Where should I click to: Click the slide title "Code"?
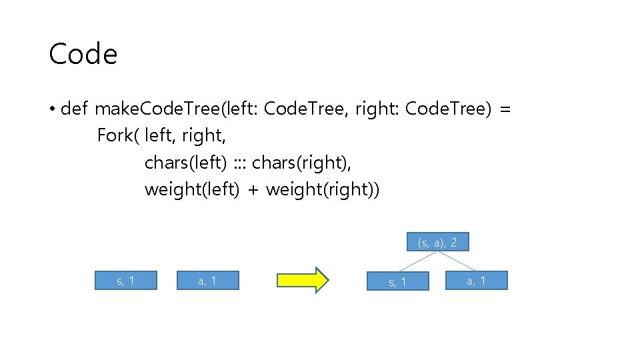pyautogui.click(x=83, y=54)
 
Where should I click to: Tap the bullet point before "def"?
pyautogui.click(x=51, y=109)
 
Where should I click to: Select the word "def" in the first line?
pyautogui.click(x=74, y=109)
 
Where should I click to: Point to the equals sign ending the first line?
pyautogui.click(x=505, y=109)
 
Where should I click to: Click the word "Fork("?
pyautogui.click(x=118, y=135)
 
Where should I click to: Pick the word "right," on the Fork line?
pyautogui.click(x=203, y=135)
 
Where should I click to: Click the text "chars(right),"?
pyautogui.click(x=301, y=163)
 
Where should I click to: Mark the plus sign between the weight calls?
pyautogui.click(x=253, y=190)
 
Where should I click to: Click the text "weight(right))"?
pyautogui.click(x=323, y=189)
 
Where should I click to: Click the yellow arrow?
pyautogui.click(x=302, y=281)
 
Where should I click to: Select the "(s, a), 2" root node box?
pyautogui.click(x=437, y=242)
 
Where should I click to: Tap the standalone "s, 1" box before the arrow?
pyautogui.click(x=126, y=281)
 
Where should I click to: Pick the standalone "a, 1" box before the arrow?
pyautogui.click(x=207, y=281)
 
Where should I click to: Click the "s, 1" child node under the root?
pyautogui.click(x=398, y=282)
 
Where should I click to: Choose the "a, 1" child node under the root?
pyautogui.click(x=477, y=281)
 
